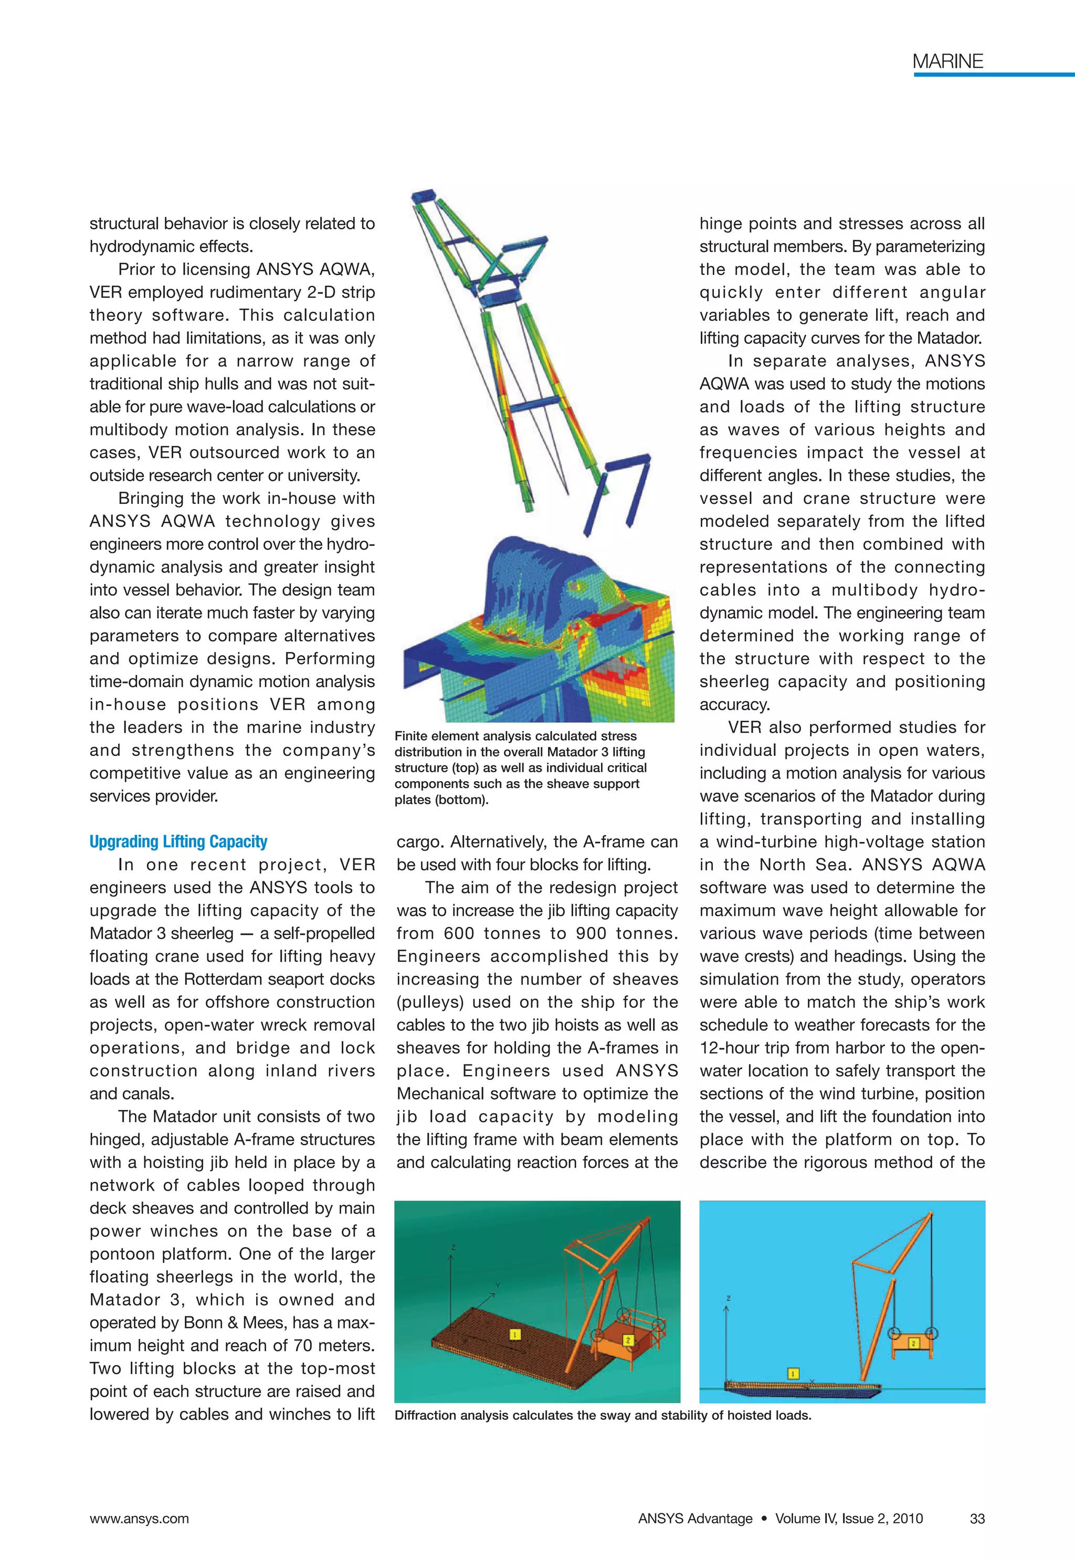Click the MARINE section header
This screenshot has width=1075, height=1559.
[947, 61]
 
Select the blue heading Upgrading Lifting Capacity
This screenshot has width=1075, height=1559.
[178, 842]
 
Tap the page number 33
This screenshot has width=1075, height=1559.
[977, 1519]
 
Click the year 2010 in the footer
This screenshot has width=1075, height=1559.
[907, 1519]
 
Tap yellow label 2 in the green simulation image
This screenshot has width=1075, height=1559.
[628, 1340]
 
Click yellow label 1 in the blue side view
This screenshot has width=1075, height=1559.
[794, 1373]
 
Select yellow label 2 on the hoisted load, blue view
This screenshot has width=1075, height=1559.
[914, 1343]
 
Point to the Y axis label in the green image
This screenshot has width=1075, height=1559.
[498, 1285]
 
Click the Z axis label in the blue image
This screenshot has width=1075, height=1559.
[728, 1298]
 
